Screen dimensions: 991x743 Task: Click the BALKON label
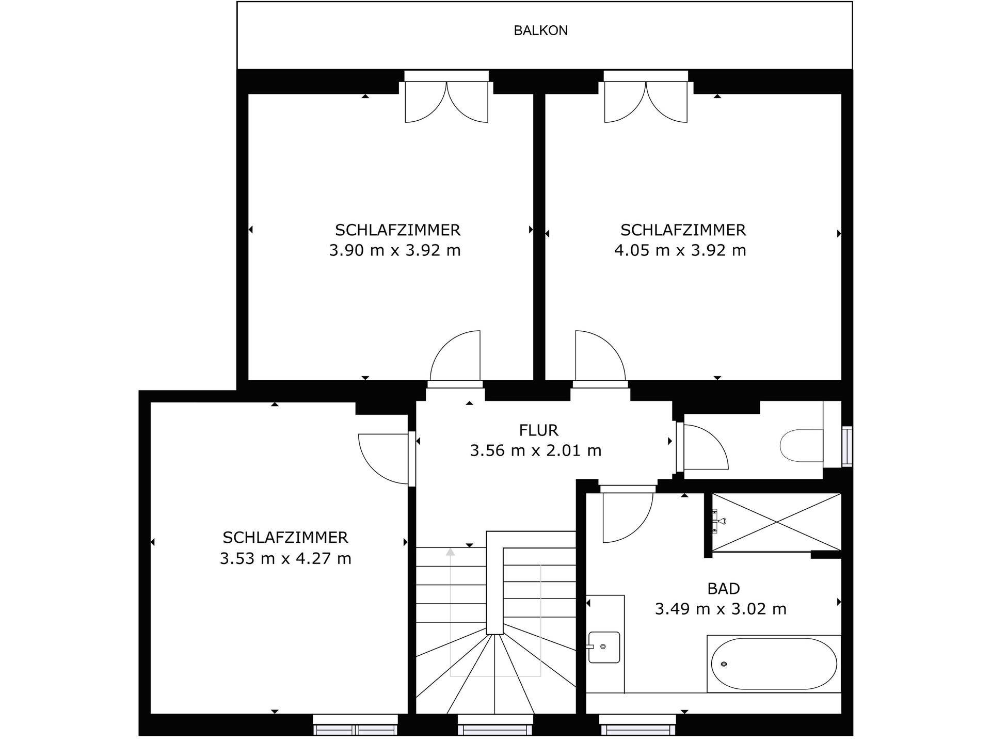click(540, 30)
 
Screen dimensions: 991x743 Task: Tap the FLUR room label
click(538, 430)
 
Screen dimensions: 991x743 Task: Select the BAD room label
click(724, 588)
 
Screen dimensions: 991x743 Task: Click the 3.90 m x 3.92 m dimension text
click(395, 250)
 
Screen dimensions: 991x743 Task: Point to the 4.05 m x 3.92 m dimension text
click(680, 250)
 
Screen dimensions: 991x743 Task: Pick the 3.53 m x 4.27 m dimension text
click(285, 558)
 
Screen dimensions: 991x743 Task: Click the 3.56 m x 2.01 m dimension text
click(536, 450)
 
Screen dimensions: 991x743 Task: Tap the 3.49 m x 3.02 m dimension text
click(721, 609)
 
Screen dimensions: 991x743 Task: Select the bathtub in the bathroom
click(774, 664)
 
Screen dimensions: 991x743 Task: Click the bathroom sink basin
click(604, 647)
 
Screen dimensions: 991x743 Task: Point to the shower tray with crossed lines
click(776, 522)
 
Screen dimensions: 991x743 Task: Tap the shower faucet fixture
click(718, 521)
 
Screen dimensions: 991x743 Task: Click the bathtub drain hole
click(724, 664)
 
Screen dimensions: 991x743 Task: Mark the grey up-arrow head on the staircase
click(451, 552)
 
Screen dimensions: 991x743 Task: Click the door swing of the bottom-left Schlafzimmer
click(383, 459)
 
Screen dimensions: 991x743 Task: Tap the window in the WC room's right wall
click(847, 446)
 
